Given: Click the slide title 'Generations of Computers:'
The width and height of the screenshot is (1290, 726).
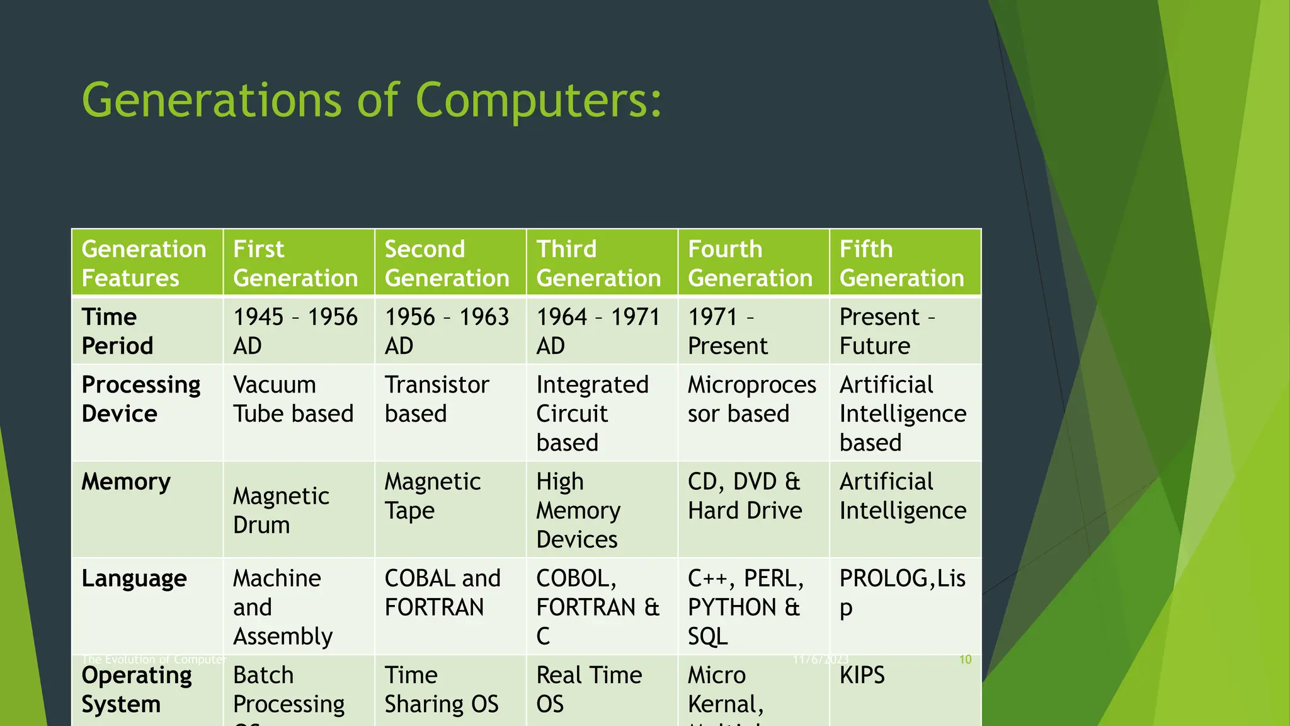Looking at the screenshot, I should point(372,100).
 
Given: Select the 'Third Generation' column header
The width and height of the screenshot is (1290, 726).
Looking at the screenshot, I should point(598,263).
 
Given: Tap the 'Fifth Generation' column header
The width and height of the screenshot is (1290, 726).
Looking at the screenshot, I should point(901,263).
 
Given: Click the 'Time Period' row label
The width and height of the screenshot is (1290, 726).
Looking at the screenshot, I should point(118,331).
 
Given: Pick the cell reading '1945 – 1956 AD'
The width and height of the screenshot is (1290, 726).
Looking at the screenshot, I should point(295,331).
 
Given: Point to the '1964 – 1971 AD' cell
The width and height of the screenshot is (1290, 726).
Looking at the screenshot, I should point(598,331).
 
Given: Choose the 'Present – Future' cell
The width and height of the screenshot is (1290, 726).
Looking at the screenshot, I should point(887,331).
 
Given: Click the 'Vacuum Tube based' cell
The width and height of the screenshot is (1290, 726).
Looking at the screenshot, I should point(293,399).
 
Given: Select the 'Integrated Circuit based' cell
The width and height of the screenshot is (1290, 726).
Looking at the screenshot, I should point(592,413).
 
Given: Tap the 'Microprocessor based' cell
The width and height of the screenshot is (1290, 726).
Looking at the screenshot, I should point(751,399).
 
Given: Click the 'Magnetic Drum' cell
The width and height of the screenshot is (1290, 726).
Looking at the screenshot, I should point(281,510).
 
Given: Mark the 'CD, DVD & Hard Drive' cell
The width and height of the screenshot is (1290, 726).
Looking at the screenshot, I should point(745,495).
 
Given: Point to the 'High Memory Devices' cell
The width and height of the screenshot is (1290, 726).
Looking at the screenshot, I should point(578,510).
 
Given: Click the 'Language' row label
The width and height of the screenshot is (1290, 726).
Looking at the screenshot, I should point(134,578).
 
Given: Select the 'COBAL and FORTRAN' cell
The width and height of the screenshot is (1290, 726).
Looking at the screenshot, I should point(442,592).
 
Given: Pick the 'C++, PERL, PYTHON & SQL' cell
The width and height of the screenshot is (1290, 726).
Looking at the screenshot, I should point(745,606).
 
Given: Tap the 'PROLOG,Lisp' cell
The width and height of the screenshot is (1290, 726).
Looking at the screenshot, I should point(901,592).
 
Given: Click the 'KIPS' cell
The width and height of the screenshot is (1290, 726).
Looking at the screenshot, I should point(862,675).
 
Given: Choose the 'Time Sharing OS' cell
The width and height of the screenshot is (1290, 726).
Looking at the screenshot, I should point(441,689).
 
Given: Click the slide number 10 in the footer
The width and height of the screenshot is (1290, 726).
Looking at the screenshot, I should point(965,659).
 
